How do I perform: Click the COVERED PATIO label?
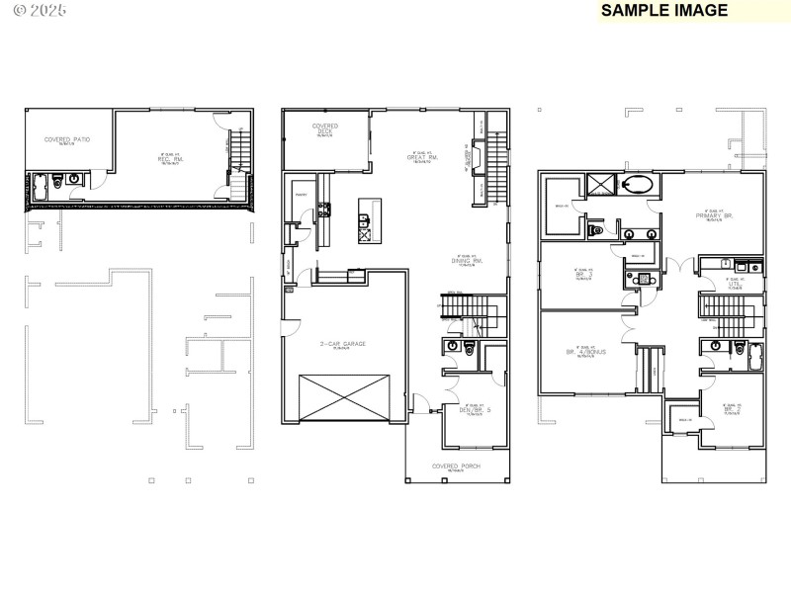coord(67,140)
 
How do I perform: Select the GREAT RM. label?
coord(422,157)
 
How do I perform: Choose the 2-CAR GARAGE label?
coord(342,344)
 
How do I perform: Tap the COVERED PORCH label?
coord(456,466)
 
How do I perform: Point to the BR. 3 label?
coord(582,275)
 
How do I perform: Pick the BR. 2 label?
coord(733,409)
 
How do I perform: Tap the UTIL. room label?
coord(734,284)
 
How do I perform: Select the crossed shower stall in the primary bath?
coord(600,184)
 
